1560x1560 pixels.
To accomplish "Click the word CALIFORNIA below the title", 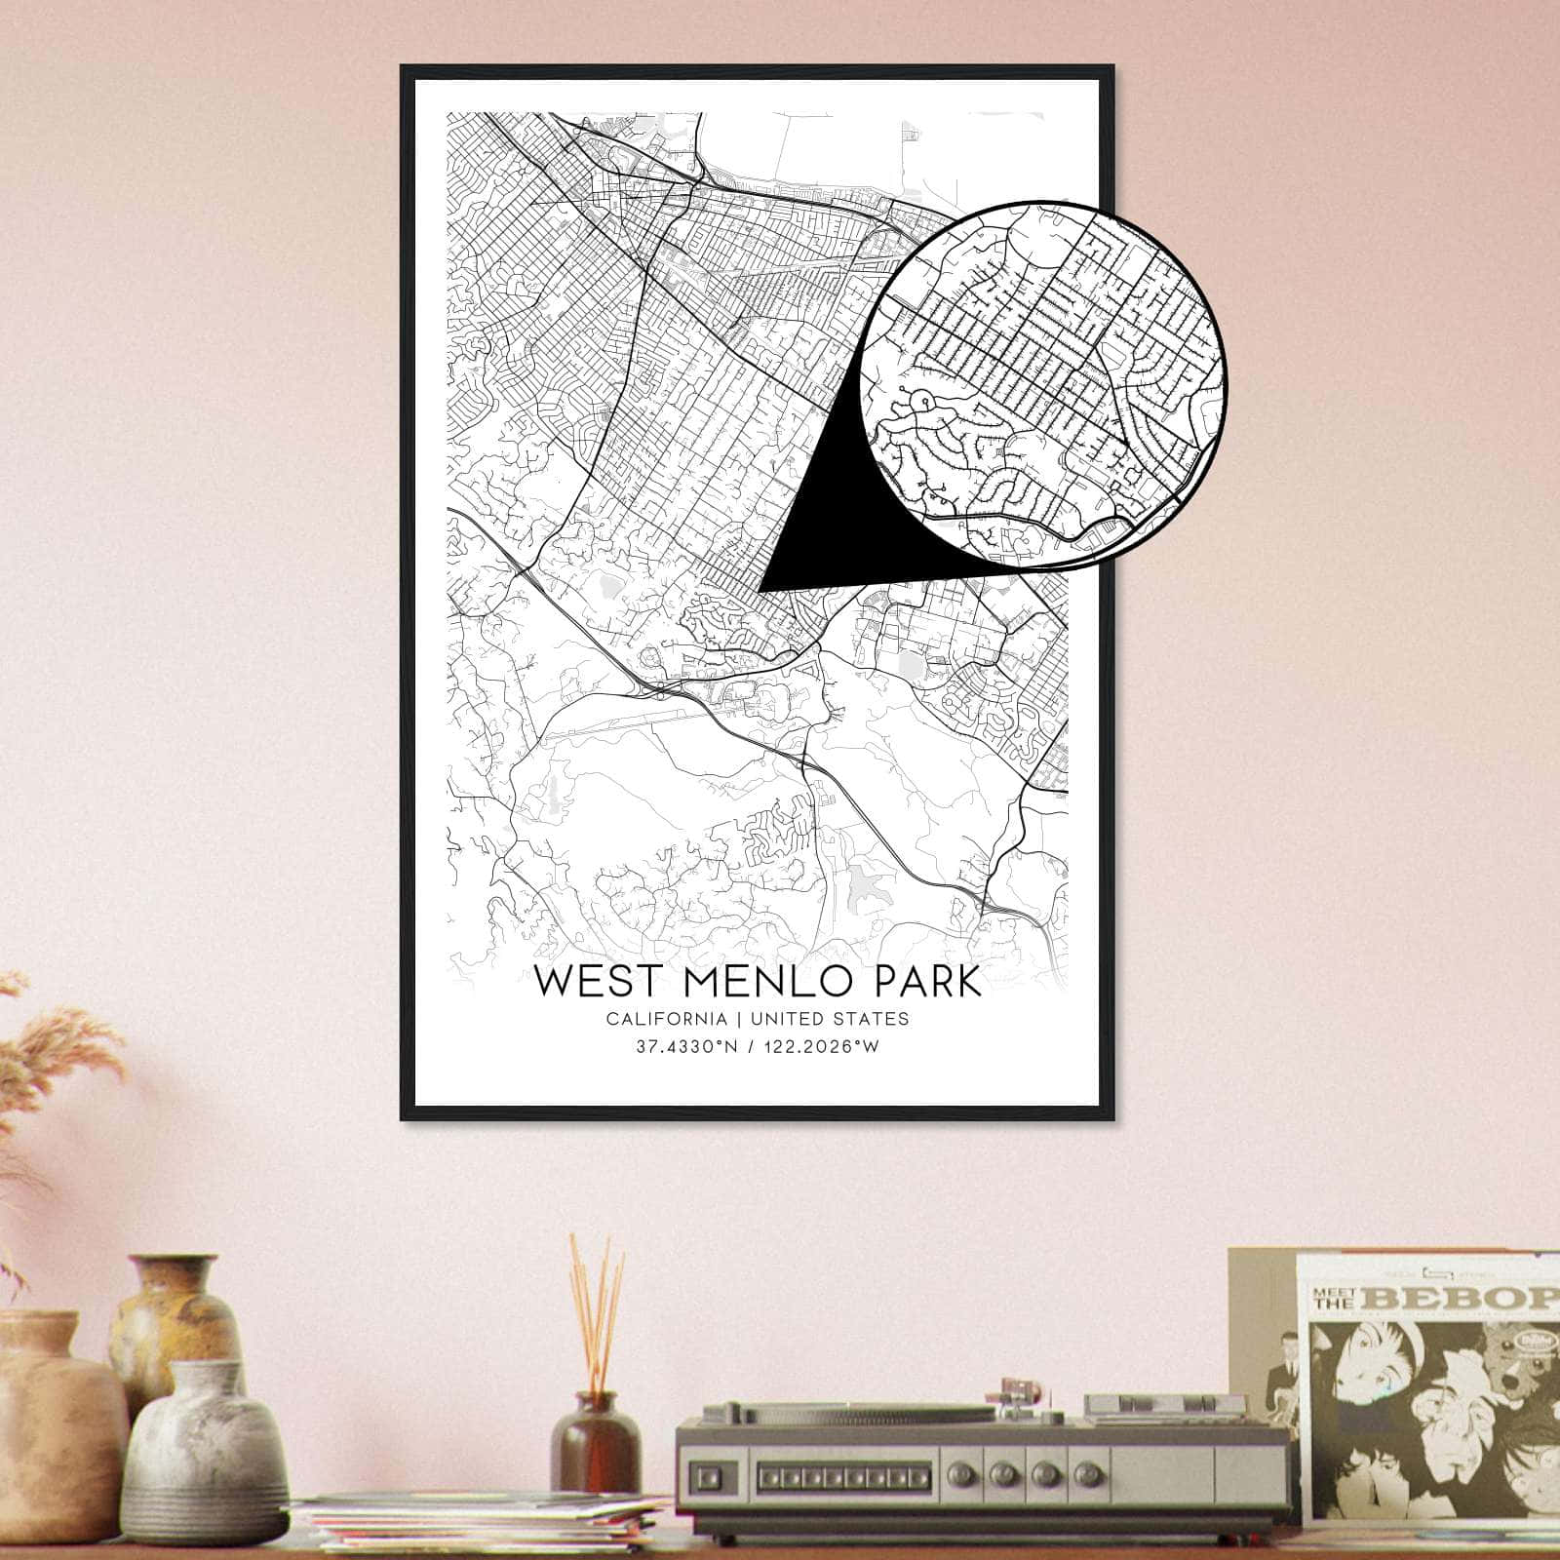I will (x=666, y=1019).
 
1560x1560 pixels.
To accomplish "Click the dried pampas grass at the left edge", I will (x=58, y=1053).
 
